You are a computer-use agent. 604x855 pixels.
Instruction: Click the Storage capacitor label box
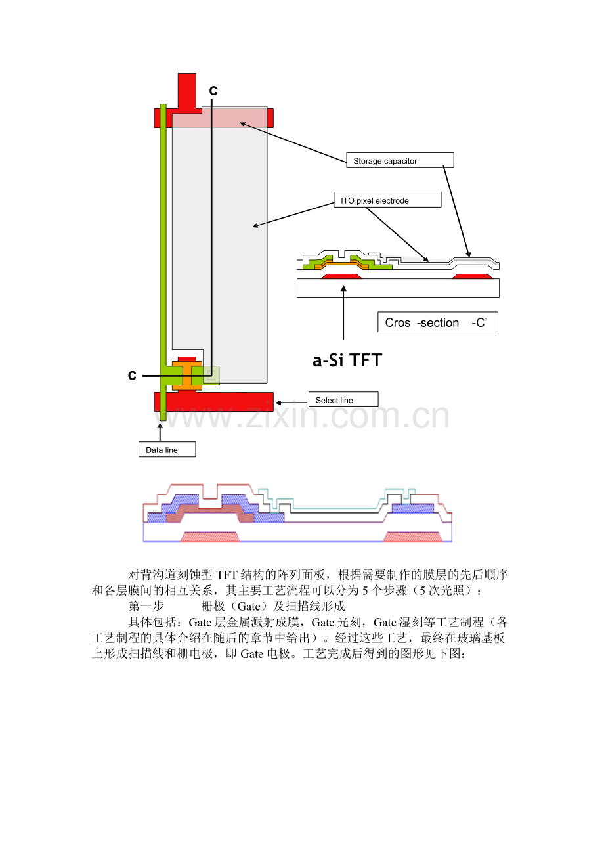(400, 160)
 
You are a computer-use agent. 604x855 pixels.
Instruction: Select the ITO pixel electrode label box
(387, 200)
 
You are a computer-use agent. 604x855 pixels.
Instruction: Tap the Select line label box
(343, 399)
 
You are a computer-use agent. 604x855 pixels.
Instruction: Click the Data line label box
(167, 449)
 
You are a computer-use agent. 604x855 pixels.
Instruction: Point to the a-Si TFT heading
(347, 361)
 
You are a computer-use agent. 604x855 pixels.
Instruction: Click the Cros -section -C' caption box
(438, 322)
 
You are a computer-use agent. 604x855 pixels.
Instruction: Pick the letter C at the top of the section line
(213, 91)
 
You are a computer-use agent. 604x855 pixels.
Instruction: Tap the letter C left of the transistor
(132, 375)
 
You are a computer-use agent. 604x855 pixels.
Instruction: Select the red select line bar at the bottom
(213, 401)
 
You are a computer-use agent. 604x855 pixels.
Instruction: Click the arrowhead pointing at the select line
(278, 403)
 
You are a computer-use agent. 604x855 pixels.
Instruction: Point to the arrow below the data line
(160, 431)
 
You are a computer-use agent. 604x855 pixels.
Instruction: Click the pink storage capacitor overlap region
(219, 117)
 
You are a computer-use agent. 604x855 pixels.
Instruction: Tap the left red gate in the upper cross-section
(341, 276)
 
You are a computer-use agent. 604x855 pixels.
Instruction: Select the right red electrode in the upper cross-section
(472, 276)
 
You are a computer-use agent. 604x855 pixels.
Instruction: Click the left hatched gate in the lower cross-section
(210, 537)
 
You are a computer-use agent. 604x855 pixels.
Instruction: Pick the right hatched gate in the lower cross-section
(412, 537)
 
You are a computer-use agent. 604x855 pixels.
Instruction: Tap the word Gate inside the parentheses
(249, 607)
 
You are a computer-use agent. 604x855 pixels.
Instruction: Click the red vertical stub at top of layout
(187, 92)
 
